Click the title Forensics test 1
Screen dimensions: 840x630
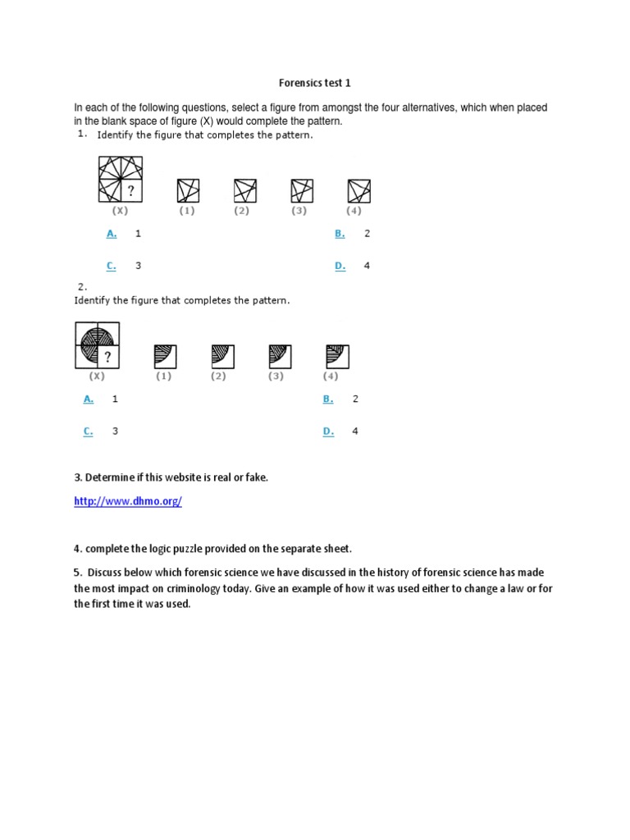click(315, 83)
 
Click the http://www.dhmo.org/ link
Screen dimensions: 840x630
click(127, 502)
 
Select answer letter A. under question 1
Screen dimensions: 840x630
click(112, 234)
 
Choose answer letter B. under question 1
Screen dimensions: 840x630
click(340, 234)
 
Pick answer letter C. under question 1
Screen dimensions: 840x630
click(112, 266)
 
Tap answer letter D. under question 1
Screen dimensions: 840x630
click(340, 266)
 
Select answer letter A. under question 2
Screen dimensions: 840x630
click(89, 399)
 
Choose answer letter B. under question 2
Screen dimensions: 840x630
click(328, 399)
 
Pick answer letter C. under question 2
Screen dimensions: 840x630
click(89, 431)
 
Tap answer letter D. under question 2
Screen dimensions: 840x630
click(328, 431)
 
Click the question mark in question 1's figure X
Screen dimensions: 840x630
click(130, 191)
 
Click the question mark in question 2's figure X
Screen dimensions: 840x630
click(107, 357)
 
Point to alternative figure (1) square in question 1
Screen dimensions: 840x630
click(188, 191)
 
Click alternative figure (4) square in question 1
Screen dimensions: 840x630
click(358, 191)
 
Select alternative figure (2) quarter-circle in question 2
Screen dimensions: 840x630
click(222, 357)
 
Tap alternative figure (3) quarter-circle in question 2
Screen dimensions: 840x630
click(280, 357)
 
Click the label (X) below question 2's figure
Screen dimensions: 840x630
click(97, 376)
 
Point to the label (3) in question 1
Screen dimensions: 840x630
click(299, 211)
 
